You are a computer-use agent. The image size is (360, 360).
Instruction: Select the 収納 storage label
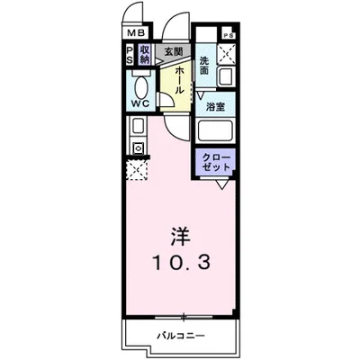[144, 55]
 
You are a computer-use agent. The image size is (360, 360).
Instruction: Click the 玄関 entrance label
[172, 52]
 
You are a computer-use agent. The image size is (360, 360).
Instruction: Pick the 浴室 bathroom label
[215, 107]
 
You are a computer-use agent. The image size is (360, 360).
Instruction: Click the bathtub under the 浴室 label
[216, 131]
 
